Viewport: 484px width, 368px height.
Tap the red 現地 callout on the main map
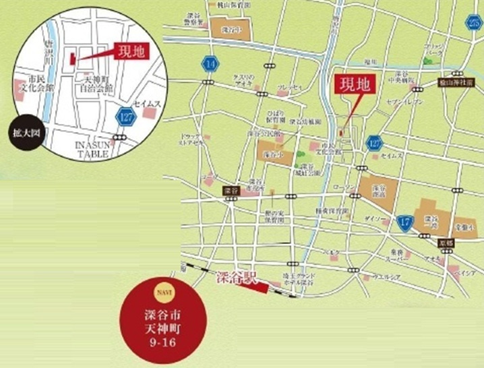click(354, 85)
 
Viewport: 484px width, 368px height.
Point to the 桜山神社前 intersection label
click(458, 79)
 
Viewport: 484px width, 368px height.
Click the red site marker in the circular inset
click(71, 59)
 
